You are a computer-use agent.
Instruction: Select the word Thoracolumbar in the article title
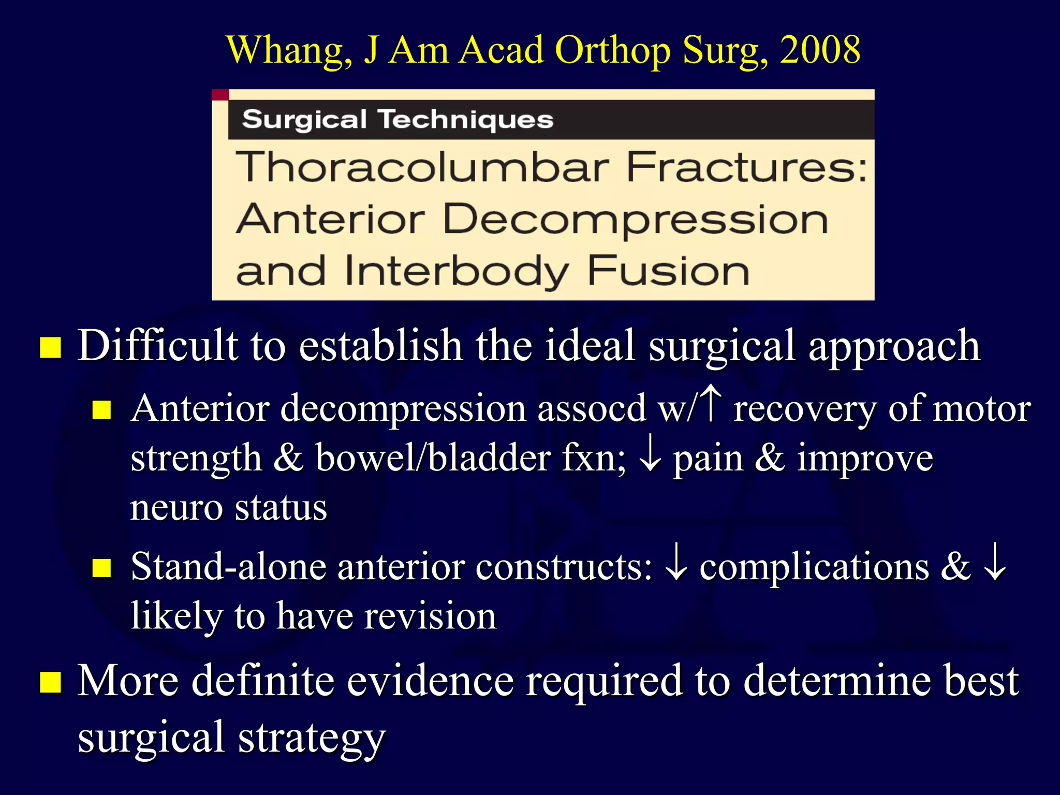[x=422, y=167]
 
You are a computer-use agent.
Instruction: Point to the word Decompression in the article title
[x=636, y=219]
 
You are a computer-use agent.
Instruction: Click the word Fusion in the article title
[x=668, y=271]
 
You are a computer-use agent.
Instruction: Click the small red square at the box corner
[x=220, y=95]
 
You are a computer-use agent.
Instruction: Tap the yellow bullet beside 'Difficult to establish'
[x=51, y=347]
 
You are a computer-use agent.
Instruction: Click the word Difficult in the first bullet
[x=158, y=346]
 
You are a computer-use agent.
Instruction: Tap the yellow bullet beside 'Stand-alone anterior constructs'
[x=102, y=567]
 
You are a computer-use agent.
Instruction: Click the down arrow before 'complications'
[x=676, y=566]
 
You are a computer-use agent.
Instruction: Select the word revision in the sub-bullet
[x=430, y=616]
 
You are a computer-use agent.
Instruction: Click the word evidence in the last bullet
[x=430, y=681]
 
